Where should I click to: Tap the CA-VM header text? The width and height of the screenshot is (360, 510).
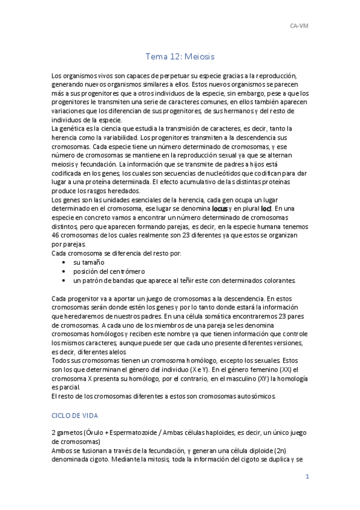click(x=298, y=26)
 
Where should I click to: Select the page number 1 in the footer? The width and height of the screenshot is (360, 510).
click(x=307, y=477)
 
